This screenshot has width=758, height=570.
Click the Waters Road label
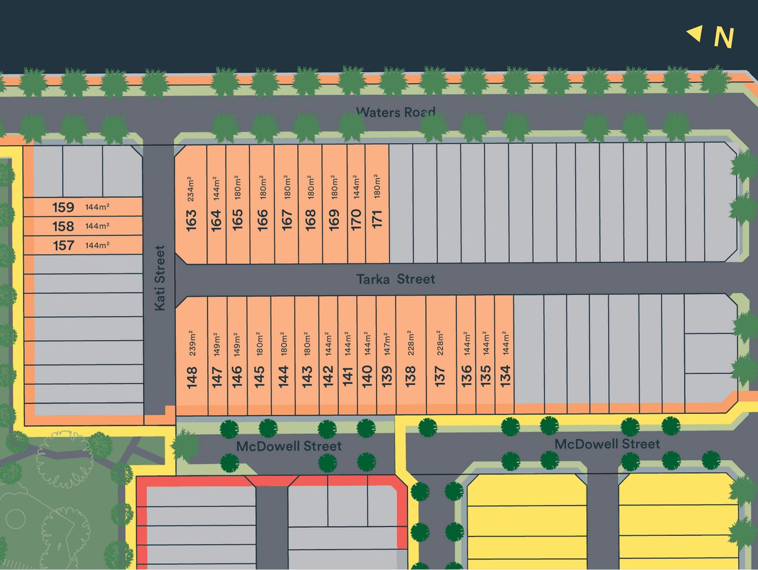395,112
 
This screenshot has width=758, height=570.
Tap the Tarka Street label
395,279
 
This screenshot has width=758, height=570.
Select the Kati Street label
160,278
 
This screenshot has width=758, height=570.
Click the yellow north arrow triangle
694,33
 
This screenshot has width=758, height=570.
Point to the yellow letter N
723,38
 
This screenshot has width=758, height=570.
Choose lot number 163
191,220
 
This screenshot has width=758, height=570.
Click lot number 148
191,377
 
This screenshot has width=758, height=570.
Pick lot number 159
63,208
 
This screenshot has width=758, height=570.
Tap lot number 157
63,245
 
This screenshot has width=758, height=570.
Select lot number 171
377,220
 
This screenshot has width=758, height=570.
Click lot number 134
505,375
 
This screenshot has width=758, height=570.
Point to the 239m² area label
191,343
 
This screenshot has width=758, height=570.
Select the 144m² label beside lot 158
97,226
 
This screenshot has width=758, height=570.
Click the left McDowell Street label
289,446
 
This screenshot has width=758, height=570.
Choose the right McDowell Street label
607,444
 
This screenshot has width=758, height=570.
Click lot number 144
283,377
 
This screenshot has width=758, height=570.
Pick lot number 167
287,220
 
